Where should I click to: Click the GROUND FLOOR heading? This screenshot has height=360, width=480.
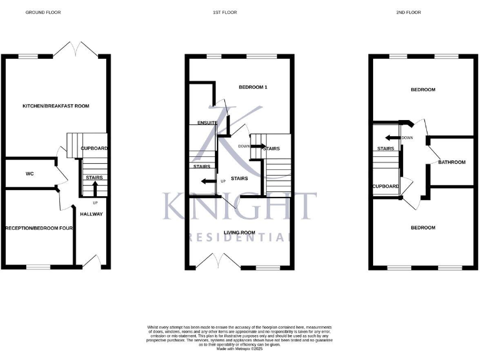point(43,12)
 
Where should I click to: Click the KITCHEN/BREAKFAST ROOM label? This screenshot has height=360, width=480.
point(56,106)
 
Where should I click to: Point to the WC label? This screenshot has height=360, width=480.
point(29,174)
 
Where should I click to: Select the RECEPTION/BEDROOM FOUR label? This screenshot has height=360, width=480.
point(39,228)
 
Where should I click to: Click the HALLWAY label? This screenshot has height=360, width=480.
point(91,214)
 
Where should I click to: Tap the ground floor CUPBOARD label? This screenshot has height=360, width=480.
point(94,148)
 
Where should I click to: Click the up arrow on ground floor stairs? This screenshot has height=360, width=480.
point(95,187)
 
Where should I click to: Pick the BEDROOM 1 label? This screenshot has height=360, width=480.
point(253,87)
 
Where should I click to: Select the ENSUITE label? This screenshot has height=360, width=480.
point(207,122)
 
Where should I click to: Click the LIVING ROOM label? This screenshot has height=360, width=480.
point(241,232)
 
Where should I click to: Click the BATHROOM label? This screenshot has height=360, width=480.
point(451,162)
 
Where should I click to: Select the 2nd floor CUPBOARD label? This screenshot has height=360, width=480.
point(386,186)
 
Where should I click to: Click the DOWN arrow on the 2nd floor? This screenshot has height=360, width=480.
point(393,137)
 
